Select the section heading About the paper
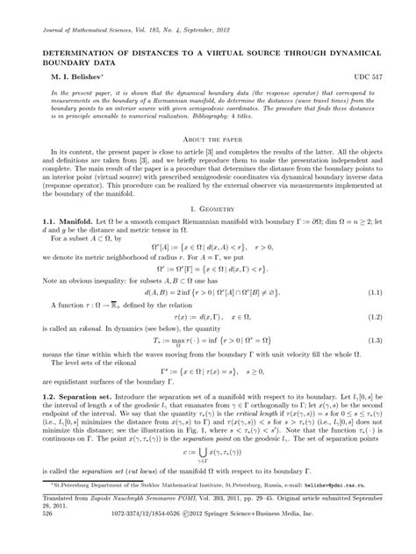(207, 140)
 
